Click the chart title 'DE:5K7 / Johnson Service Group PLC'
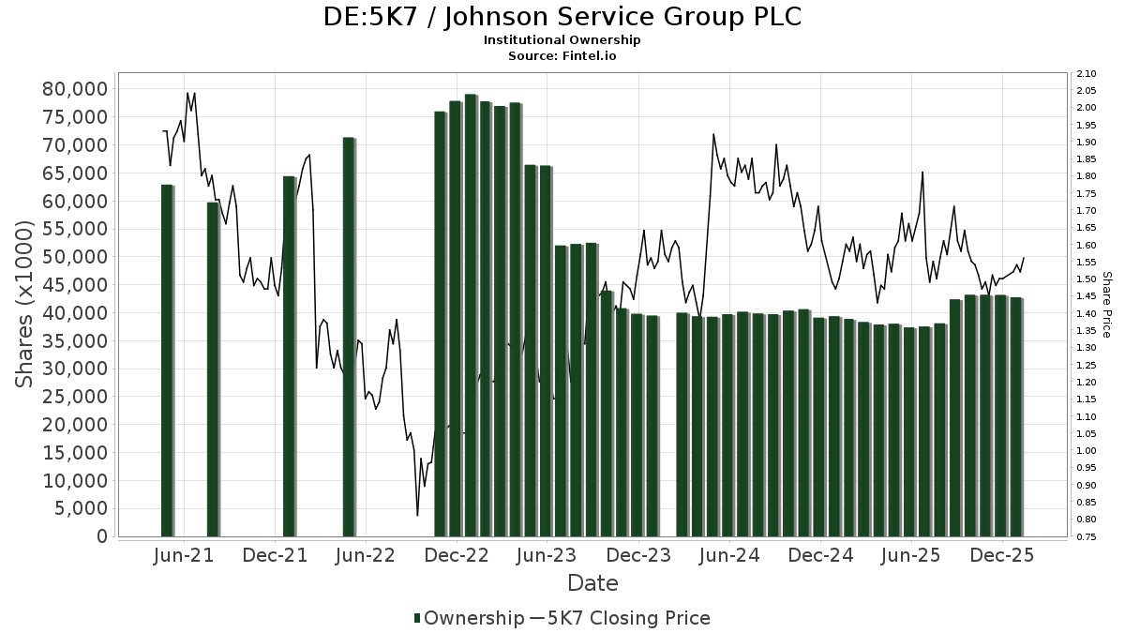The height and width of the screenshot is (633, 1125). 562,17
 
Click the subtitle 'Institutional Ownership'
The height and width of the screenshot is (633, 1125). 562,40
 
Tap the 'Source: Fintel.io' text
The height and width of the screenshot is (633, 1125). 562,55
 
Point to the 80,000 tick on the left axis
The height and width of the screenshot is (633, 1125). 75,89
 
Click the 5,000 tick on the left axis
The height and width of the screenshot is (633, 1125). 81,508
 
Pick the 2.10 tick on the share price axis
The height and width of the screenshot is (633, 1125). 1087,74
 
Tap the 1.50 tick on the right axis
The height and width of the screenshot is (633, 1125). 1087,279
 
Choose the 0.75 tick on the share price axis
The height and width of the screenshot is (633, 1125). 1087,537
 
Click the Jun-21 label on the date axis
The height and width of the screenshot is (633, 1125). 184,556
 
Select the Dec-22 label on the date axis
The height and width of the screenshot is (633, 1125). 457,556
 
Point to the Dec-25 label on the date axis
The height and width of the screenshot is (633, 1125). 1002,556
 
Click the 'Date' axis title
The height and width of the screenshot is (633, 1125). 592,583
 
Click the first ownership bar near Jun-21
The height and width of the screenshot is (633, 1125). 167,360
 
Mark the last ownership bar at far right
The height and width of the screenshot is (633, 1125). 1015,416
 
